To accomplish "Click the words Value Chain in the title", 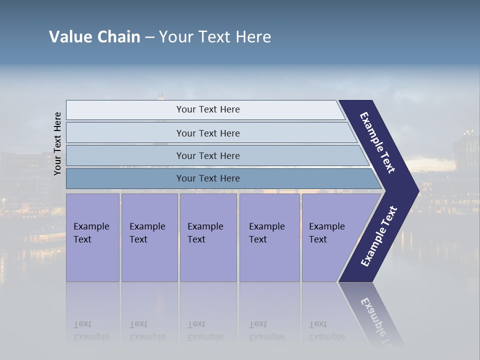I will point(94,37).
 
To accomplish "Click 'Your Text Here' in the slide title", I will point(215,37).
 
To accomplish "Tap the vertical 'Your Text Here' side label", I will point(57,143).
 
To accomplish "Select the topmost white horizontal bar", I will point(208,109).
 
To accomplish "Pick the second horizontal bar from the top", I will point(208,133).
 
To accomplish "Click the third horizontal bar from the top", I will point(208,155).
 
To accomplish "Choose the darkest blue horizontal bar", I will point(208,178).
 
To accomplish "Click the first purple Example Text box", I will point(92,237).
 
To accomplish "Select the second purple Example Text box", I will point(149,237).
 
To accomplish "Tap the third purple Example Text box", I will point(208,237).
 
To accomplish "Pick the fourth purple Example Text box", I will point(269,237).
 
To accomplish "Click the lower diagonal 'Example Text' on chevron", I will point(379,236).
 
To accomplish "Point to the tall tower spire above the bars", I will point(160,95).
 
